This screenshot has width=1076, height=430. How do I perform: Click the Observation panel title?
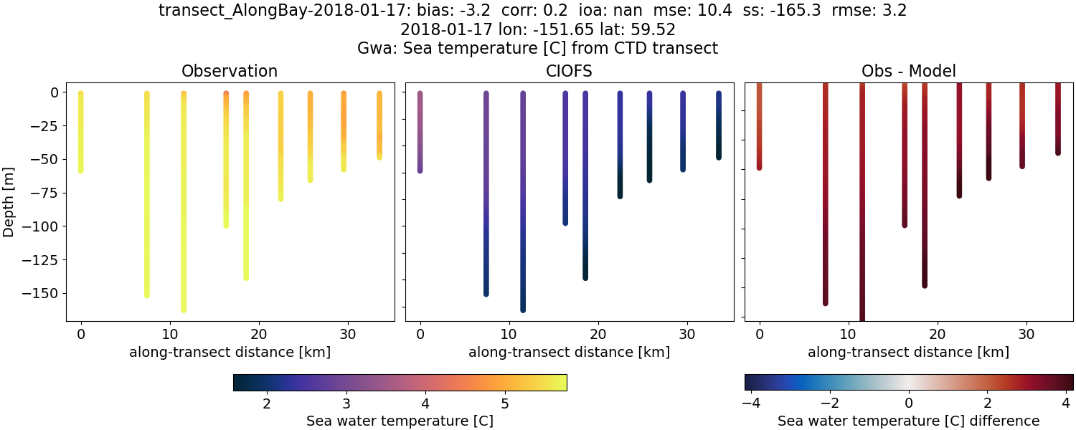click(230, 71)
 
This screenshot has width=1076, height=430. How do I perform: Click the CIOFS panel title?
click(570, 71)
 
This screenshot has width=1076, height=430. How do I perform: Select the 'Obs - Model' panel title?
click(908, 71)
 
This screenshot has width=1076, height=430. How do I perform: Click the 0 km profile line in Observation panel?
click(80, 133)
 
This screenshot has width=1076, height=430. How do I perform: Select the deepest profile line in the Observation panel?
click(184, 208)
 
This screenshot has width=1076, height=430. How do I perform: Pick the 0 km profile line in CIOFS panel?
click(420, 133)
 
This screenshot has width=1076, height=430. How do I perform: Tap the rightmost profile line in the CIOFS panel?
click(718, 125)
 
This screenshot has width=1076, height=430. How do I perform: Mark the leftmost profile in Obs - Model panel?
click(759, 129)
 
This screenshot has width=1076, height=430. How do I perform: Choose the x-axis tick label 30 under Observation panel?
click(347, 334)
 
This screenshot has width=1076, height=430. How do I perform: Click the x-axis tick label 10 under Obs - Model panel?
click(849, 334)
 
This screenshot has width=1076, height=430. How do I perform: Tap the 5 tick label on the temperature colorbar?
click(505, 403)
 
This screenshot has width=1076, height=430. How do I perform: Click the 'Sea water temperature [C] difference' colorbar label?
click(908, 421)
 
